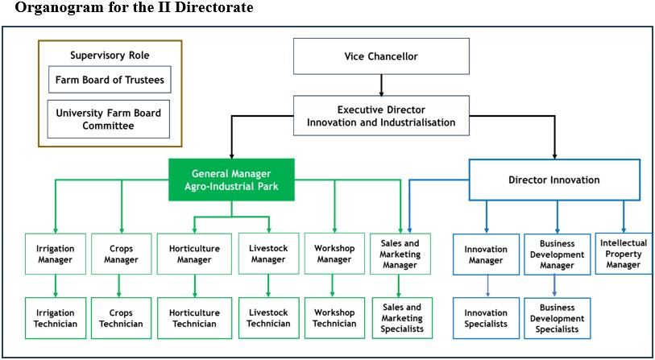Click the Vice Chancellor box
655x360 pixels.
click(x=380, y=56)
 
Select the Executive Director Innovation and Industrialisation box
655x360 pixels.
click(x=380, y=115)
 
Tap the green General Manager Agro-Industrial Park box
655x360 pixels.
click(x=231, y=180)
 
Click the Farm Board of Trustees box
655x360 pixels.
click(x=109, y=81)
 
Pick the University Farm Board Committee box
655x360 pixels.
click(x=109, y=119)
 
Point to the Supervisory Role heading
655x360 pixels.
click(x=110, y=56)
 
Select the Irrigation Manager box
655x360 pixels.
click(x=55, y=254)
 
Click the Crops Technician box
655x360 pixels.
click(x=121, y=318)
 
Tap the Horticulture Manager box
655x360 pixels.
click(x=194, y=254)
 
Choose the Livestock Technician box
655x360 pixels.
click(x=268, y=318)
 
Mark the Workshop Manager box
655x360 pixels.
click(x=334, y=254)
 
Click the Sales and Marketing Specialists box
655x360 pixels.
click(x=402, y=318)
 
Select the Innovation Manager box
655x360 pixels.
click(x=486, y=254)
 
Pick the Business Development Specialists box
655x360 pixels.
click(x=558, y=318)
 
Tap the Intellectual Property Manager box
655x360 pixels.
click(x=624, y=253)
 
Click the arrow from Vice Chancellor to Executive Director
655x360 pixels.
click(x=380, y=85)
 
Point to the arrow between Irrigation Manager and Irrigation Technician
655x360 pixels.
click(x=55, y=286)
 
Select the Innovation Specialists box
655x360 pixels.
click(x=486, y=318)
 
